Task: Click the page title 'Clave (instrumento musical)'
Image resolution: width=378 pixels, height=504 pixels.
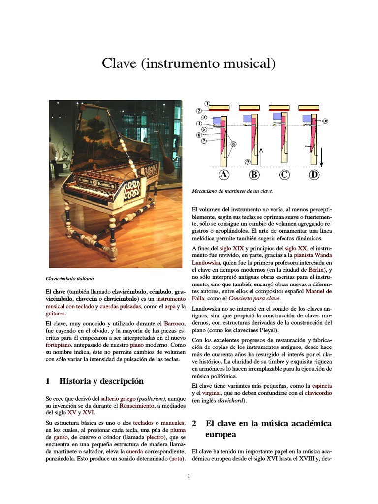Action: (x=189, y=63)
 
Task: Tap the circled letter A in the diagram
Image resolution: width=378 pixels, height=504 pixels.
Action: (x=224, y=174)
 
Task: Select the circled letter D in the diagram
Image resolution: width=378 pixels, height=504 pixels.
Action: (x=314, y=174)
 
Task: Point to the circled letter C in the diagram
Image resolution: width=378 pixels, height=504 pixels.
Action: (x=284, y=174)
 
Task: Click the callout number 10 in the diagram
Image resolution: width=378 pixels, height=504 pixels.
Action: (x=325, y=121)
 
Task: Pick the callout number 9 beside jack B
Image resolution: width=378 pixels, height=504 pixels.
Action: (x=248, y=161)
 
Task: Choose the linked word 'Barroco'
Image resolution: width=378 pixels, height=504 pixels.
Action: (x=174, y=323)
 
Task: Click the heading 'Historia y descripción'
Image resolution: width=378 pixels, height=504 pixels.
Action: (x=101, y=381)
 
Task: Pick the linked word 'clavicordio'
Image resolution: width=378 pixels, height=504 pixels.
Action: (x=318, y=393)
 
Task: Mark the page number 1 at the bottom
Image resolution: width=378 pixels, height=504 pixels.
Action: (x=189, y=476)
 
